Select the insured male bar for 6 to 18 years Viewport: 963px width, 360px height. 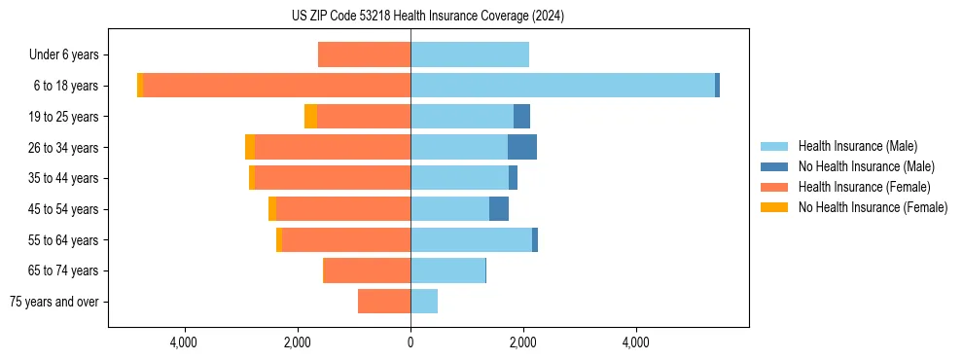pyautogui.click(x=562, y=86)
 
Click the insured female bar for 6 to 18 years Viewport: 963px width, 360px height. pyautogui.click(x=276, y=86)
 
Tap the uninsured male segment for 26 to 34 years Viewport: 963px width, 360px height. pyautogui.click(x=521, y=147)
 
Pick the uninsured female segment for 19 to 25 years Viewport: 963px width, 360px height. pyautogui.click(x=310, y=117)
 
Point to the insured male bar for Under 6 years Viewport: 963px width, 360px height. pyautogui.click(x=470, y=55)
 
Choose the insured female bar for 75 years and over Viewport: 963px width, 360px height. pyautogui.click(x=384, y=302)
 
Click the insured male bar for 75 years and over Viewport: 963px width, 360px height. pyautogui.click(x=424, y=302)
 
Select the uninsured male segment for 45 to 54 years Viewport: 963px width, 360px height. pyautogui.click(x=498, y=209)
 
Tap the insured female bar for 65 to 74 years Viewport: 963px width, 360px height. pyautogui.click(x=367, y=270)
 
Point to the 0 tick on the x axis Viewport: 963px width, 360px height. pyautogui.click(x=410, y=342)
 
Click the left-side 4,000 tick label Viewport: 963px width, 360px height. pyautogui.click(x=184, y=342)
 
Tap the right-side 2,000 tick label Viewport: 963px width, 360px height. pyautogui.click(x=523, y=342)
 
